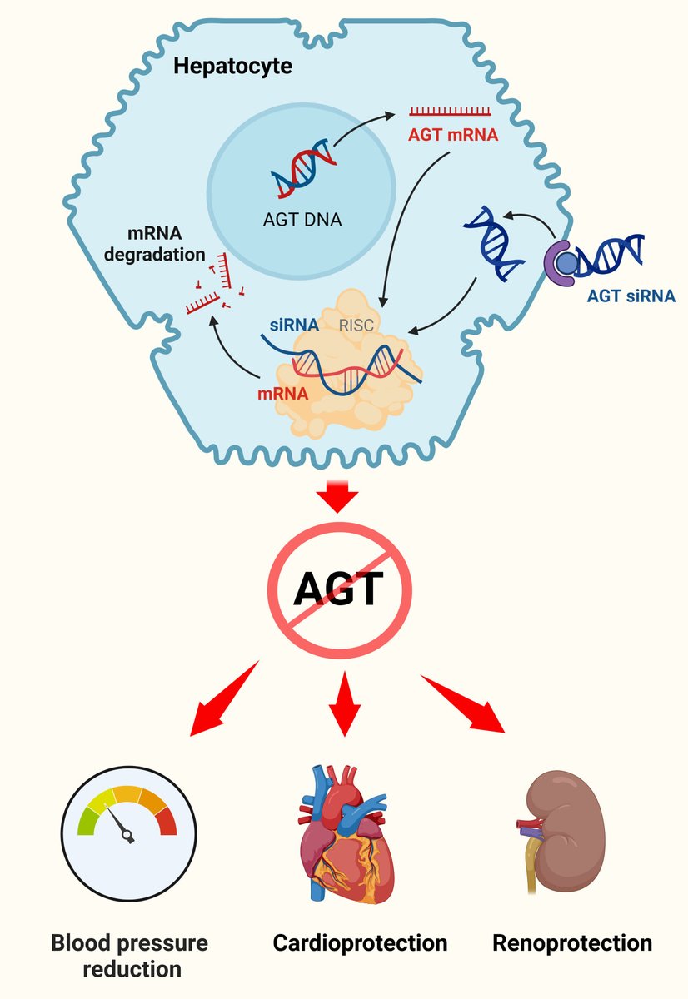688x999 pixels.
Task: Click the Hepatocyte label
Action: point(232,67)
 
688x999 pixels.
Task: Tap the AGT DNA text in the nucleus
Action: point(301,221)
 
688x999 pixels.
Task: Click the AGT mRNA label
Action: point(453,134)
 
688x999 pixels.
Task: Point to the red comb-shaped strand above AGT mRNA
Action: point(450,111)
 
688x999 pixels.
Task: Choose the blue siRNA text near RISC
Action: point(292,326)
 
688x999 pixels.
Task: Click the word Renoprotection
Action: point(572,943)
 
